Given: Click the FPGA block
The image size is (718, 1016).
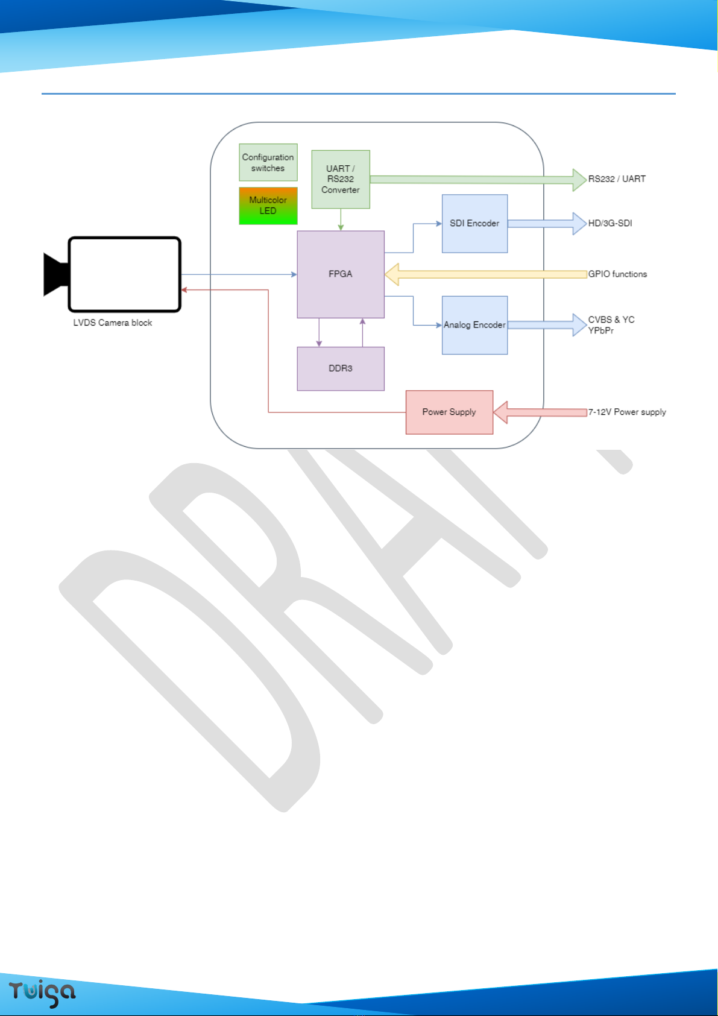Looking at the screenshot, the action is pos(341,274).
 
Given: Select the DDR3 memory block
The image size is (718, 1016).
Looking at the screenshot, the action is pos(341,369).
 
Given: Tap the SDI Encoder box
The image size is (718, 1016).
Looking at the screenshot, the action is pos(474,224).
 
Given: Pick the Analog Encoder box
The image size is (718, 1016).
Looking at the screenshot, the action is pos(474,325).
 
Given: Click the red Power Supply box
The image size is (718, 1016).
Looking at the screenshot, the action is pos(450,412).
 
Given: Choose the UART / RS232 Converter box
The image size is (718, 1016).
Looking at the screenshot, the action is pos(341,180).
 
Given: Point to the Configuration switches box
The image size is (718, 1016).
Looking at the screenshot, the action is pos(268,162).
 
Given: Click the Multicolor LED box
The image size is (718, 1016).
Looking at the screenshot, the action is pos(268,206).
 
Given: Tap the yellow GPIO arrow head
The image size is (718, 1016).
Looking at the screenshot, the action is pos(392,274).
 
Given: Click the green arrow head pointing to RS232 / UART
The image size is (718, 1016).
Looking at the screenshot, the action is pos(580,180).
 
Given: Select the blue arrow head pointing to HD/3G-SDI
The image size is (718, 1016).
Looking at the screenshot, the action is pos(580,224).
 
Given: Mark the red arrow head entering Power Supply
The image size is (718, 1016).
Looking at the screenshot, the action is pos(500,412).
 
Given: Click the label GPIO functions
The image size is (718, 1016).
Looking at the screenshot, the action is pos(617,274).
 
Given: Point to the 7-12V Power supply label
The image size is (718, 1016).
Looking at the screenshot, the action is pos(627,412).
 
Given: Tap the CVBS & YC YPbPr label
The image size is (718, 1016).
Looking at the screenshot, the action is pos(611,325).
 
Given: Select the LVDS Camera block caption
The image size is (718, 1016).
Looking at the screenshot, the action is pos(113,323).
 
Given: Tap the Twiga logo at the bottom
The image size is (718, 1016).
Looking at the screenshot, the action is pos(42,993).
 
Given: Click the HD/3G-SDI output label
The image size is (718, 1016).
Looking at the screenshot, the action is pos(610,223).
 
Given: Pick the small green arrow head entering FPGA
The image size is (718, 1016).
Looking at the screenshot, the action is pos(341,227).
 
